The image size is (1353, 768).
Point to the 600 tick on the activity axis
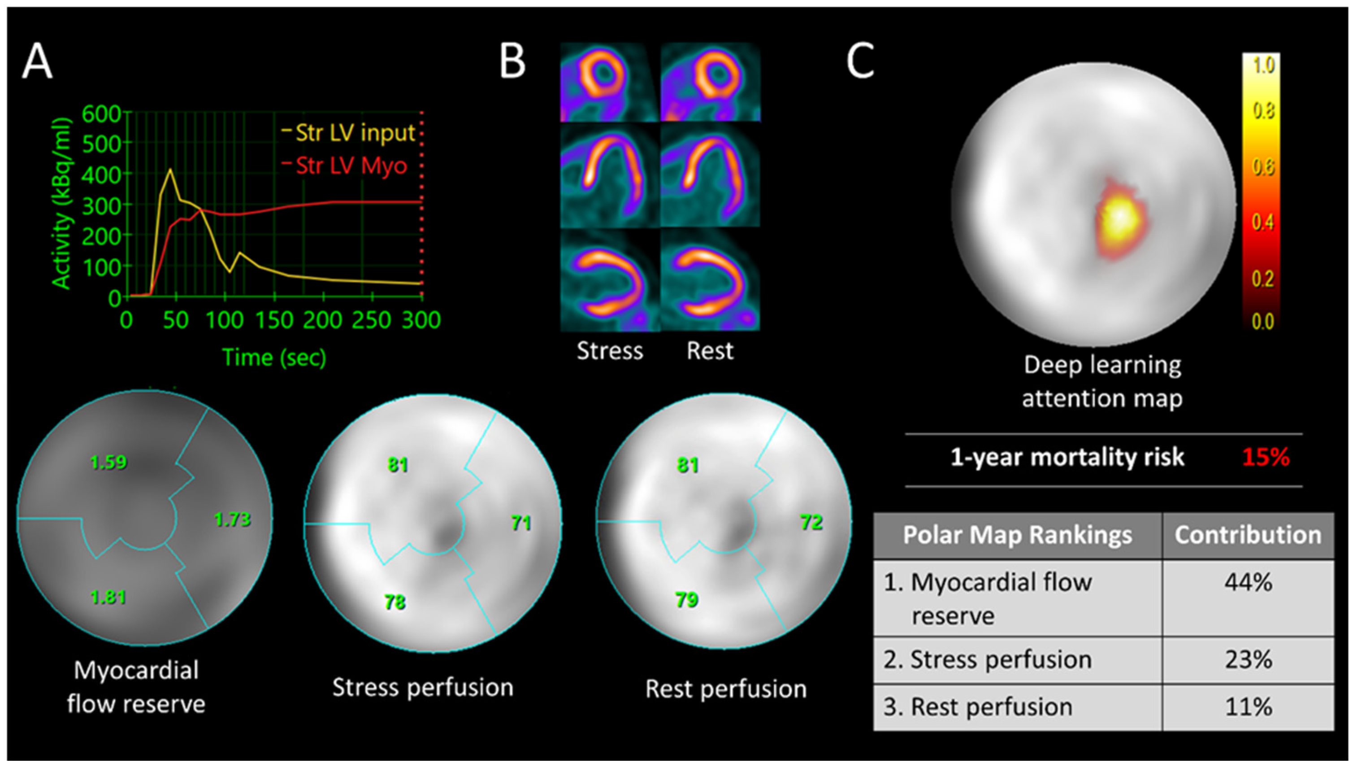click(101, 113)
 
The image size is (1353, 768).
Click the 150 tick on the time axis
click(274, 320)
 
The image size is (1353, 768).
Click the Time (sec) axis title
click(274, 357)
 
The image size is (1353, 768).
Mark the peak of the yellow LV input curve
click(170, 169)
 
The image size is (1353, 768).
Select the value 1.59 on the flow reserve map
click(108, 462)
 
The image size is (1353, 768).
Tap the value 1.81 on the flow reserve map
click(108, 597)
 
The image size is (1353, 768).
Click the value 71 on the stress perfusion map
click(521, 523)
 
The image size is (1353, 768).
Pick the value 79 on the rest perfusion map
click(687, 599)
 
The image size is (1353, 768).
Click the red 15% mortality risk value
click(1266, 457)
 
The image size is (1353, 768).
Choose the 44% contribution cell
click(1248, 583)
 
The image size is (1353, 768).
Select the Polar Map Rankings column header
click(1017, 535)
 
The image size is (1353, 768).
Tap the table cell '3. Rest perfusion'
click(978, 707)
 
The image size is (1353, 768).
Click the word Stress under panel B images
click(610, 350)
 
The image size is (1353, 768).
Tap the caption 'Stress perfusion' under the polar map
click(423, 687)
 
